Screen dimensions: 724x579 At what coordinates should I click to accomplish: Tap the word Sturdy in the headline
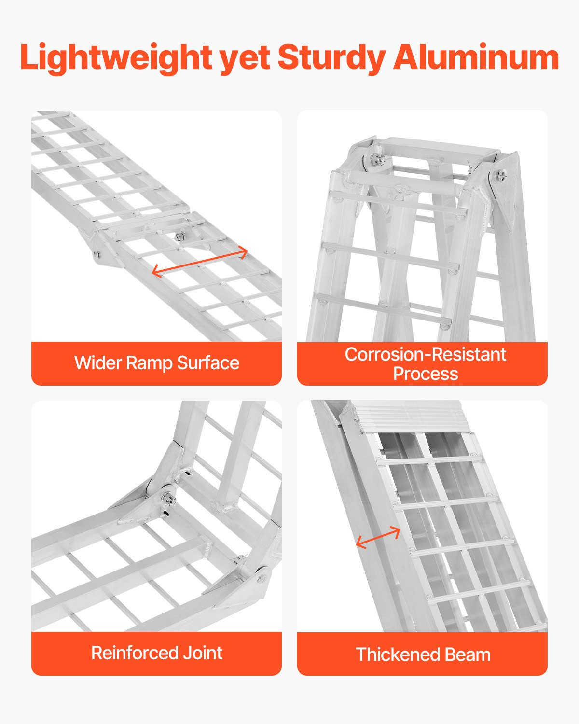331,58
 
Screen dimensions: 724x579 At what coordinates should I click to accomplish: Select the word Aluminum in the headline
476,58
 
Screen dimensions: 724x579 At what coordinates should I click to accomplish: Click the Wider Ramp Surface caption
157,363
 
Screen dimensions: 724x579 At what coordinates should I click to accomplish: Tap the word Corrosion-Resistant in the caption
425,355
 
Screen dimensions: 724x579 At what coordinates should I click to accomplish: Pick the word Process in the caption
425,374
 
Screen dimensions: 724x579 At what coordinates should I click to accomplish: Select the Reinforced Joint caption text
157,653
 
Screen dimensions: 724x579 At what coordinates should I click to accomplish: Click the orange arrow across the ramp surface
200,263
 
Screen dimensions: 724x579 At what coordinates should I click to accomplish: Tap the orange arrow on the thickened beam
378,538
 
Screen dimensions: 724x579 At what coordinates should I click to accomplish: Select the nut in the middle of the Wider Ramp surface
179,237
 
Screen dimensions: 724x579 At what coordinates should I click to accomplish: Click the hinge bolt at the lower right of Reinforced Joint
261,577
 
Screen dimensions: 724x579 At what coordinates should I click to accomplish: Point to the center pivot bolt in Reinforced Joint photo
166,497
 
